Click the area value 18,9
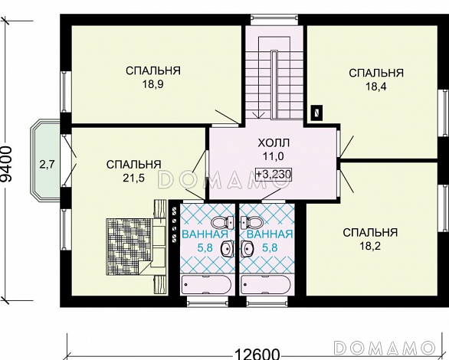[x=153, y=84]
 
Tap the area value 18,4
[x=375, y=87]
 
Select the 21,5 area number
[x=134, y=178]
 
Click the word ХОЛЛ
[x=274, y=142]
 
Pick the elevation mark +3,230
[x=274, y=174]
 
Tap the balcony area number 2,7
[x=47, y=165]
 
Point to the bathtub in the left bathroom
[x=206, y=285]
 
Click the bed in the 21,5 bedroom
[x=136, y=247]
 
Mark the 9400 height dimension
[x=7, y=165]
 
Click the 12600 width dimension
[x=257, y=355]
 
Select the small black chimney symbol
[x=317, y=112]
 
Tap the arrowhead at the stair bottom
[x=258, y=115]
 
